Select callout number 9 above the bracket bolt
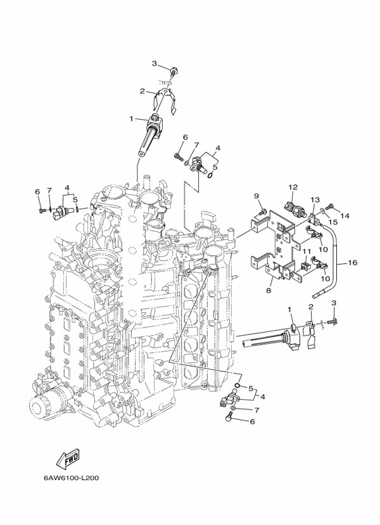pos(257,195)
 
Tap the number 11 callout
pos(305,251)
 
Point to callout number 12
pos(293,187)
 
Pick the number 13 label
pos(315,199)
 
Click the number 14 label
pos(345,216)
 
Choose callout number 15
pos(332,222)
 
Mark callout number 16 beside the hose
pos(353,262)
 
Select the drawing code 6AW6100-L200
pos(71,479)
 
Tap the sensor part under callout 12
pos(294,207)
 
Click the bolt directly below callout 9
pos(262,211)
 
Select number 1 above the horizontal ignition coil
pos(289,310)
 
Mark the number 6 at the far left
pos(37,192)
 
